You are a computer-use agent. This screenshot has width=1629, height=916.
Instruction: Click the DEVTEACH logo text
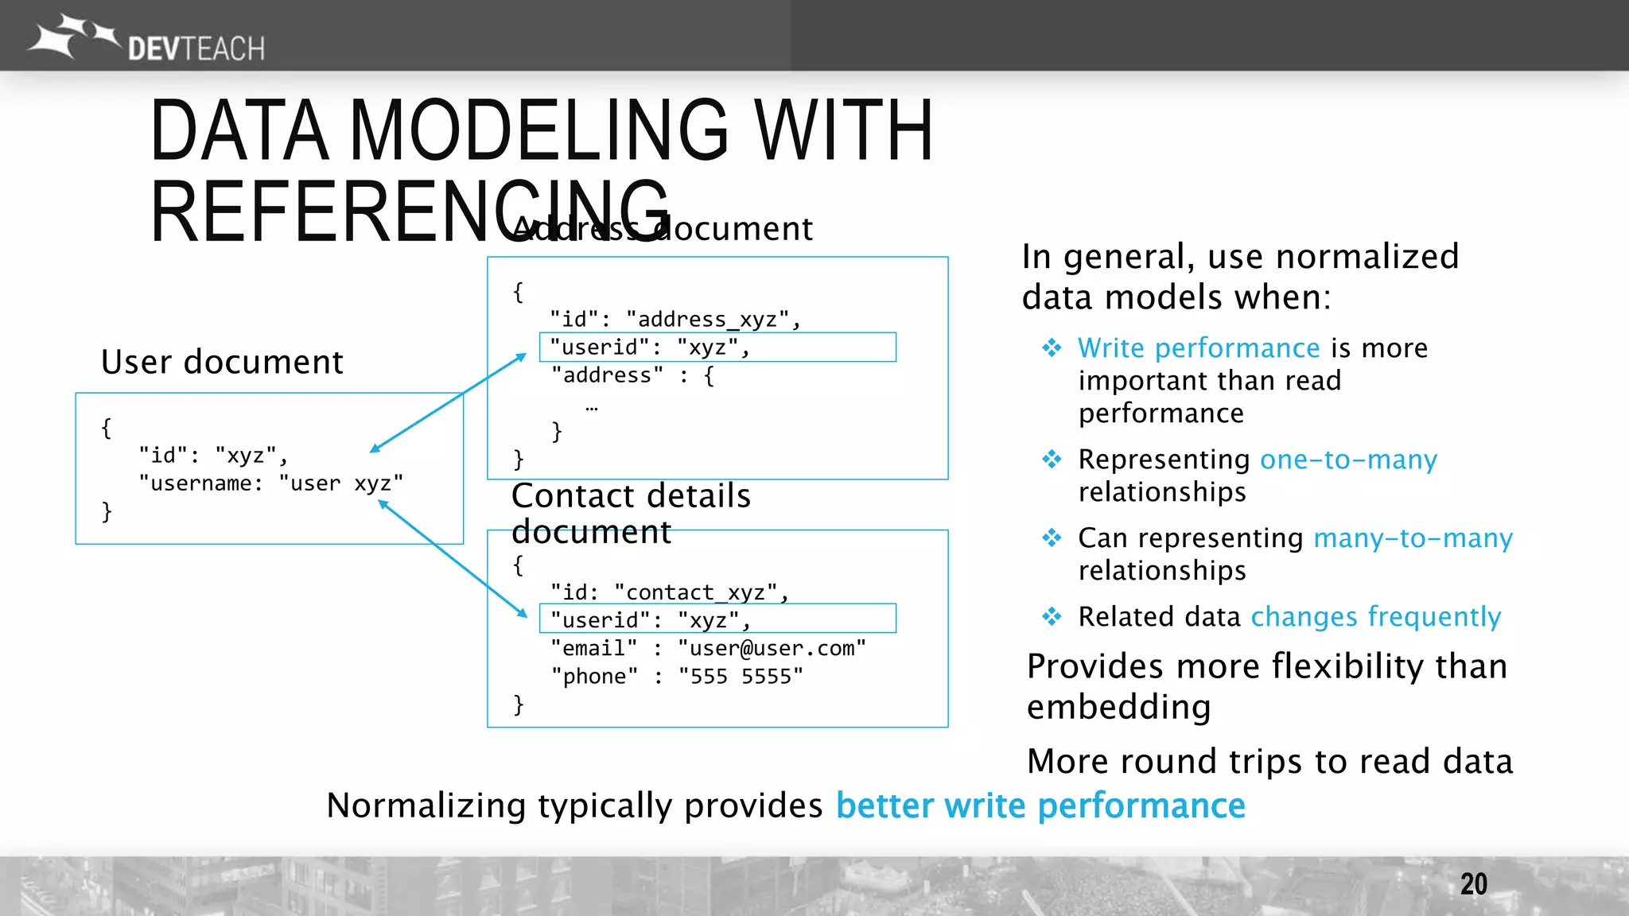tap(196, 49)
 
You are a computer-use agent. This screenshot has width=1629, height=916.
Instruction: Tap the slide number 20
tap(1473, 884)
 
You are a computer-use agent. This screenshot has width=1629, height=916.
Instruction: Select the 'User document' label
tap(222, 362)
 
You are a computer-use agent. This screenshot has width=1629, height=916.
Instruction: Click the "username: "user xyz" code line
tap(270, 483)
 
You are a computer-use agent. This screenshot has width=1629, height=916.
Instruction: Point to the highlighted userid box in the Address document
tap(717, 347)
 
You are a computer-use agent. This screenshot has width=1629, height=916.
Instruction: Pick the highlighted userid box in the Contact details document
tap(717, 619)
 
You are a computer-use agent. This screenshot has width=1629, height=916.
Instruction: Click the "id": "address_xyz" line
tap(675, 320)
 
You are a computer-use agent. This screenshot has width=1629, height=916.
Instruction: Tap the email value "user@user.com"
tap(772, 649)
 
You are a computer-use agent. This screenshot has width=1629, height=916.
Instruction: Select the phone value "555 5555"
tap(741, 677)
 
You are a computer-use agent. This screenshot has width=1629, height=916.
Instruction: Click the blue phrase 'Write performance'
tap(1199, 348)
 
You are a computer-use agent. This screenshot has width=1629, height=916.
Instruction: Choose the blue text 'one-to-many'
tap(1348, 460)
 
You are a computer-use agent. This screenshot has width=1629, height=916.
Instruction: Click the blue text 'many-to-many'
tap(1413, 538)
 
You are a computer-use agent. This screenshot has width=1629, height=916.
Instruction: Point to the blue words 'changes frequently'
tap(1375, 617)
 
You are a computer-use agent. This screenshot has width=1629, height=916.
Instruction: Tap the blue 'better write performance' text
tap(1040, 805)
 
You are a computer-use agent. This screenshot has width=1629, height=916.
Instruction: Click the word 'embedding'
tap(1118, 707)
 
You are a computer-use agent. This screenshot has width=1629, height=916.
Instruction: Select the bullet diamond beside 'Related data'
tap(1052, 616)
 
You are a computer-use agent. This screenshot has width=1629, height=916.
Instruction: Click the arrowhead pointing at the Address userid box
tap(521, 357)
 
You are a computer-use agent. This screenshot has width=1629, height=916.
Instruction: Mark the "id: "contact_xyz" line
tap(668, 592)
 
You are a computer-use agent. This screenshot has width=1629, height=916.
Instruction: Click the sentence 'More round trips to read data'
tap(1269, 762)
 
